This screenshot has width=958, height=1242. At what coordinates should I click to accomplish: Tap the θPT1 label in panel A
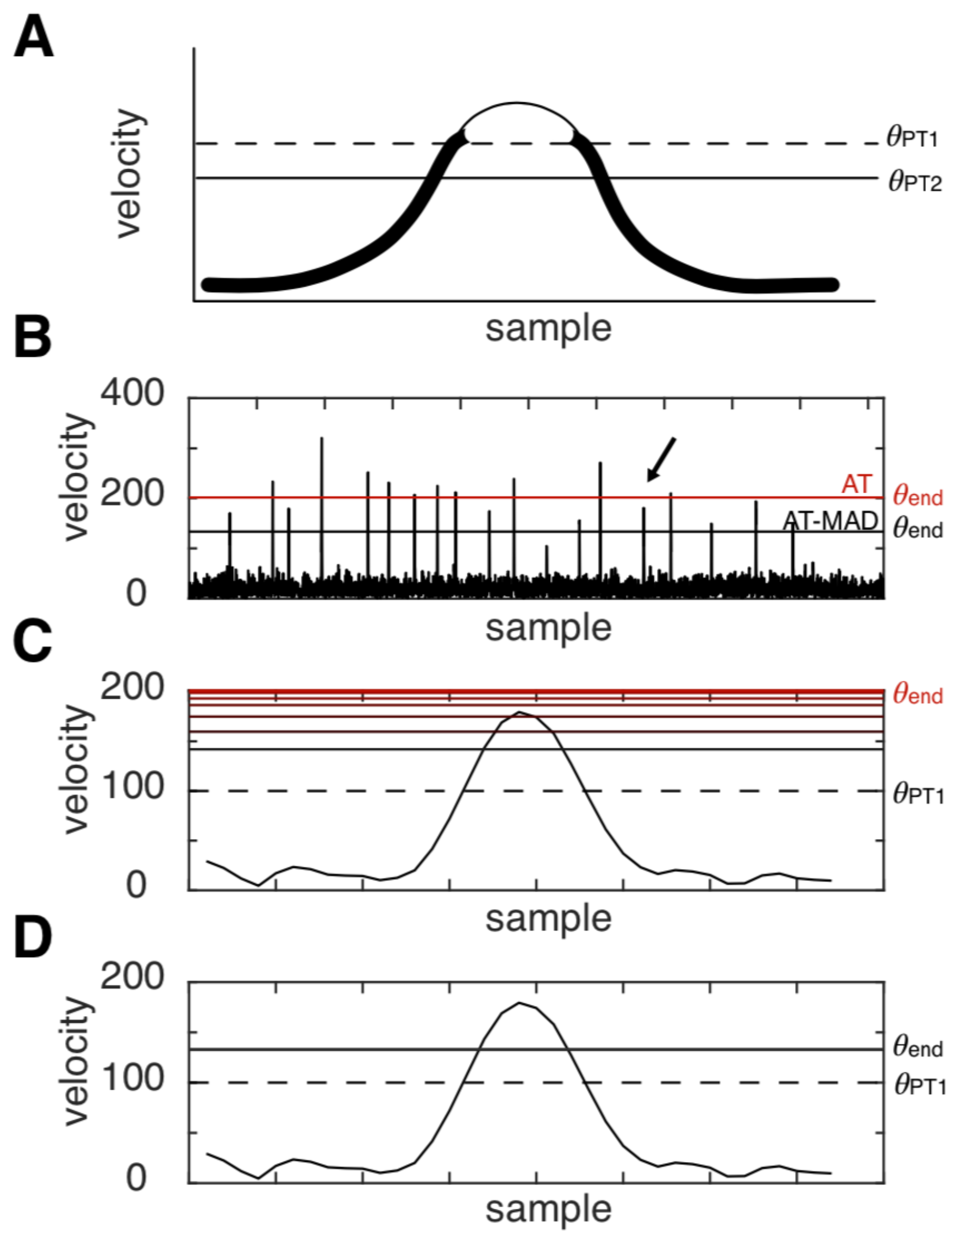[912, 138]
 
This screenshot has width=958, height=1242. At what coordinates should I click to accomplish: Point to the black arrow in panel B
[661, 459]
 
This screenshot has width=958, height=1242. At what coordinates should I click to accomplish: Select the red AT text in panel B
[856, 484]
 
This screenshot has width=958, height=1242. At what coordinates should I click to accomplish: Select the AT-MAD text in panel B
[830, 521]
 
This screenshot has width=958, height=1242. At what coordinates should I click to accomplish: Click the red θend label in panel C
[918, 694]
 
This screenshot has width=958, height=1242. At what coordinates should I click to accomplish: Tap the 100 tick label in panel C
[132, 787]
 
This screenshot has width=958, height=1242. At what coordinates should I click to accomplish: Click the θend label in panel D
[918, 1047]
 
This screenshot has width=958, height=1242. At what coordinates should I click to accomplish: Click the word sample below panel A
[548, 328]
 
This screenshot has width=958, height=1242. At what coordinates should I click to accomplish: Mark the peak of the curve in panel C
[519, 711]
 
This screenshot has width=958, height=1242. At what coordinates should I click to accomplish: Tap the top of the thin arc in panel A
[516, 103]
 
